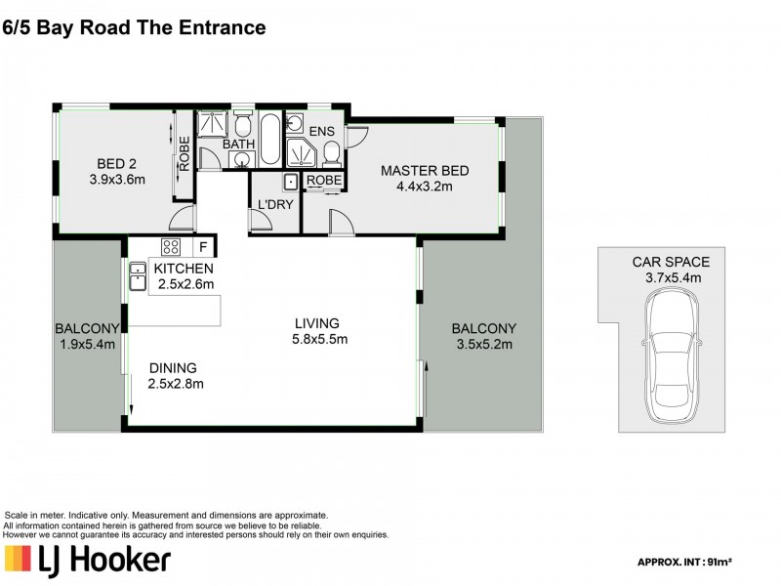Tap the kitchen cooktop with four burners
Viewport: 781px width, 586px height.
[170, 246]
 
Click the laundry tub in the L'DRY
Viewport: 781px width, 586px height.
[290, 182]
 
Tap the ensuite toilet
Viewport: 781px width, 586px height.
[332, 153]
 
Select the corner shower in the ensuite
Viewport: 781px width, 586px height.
[297, 153]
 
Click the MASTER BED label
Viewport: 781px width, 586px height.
[424, 171]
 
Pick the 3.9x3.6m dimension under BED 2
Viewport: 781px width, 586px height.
[117, 180]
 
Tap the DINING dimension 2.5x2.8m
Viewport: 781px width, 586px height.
[175, 384]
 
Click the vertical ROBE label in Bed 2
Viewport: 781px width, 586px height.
[183, 151]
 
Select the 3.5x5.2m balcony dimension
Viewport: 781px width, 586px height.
[485, 344]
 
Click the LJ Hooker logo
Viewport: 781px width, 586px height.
[88, 560]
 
